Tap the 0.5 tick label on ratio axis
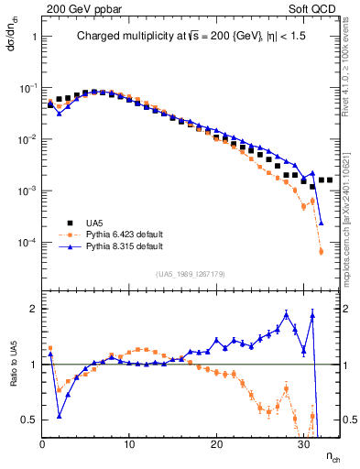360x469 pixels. tap(30, 420)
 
